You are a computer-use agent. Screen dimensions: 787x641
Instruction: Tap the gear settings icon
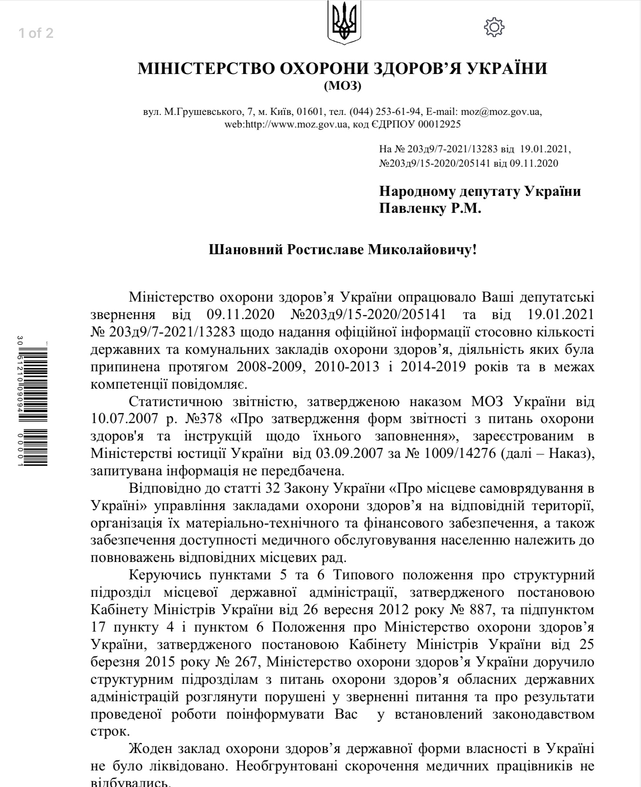tap(494, 27)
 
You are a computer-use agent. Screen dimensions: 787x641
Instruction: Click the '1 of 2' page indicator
tap(36, 34)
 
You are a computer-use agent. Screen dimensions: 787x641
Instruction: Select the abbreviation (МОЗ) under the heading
tap(342, 86)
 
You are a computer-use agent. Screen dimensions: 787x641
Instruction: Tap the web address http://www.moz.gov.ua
tap(296, 124)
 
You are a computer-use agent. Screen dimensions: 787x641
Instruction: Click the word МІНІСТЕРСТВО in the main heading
tap(206, 69)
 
